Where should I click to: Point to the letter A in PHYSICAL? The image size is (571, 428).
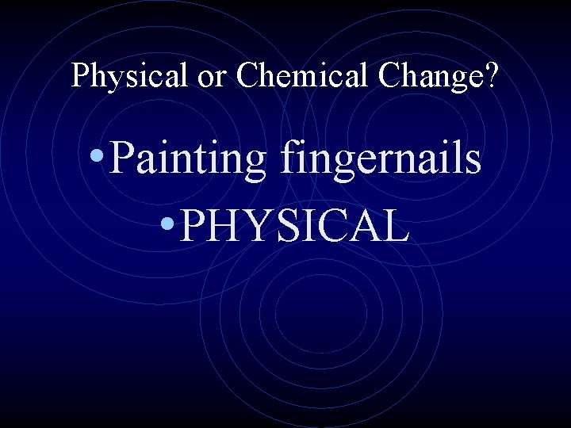[362, 226]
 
